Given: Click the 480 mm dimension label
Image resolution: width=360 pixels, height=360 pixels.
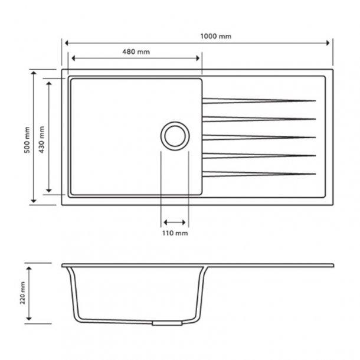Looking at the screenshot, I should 136,52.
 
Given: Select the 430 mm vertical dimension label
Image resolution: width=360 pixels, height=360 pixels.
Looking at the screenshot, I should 41,140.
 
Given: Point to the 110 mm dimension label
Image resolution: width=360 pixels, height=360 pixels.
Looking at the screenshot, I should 175,234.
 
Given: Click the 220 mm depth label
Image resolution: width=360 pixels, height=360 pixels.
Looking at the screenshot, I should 22,294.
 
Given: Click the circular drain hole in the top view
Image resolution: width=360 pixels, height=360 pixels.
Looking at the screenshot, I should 175,136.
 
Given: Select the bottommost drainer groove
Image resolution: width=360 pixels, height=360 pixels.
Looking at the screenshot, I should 257,174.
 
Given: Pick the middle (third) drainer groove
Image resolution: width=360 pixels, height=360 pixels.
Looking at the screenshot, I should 257,137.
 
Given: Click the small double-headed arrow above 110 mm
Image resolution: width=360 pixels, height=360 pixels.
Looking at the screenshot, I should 175,222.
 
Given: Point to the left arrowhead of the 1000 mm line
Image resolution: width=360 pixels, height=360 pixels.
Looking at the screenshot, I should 67,43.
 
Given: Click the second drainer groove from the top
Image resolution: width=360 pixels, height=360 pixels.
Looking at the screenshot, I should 257,118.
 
